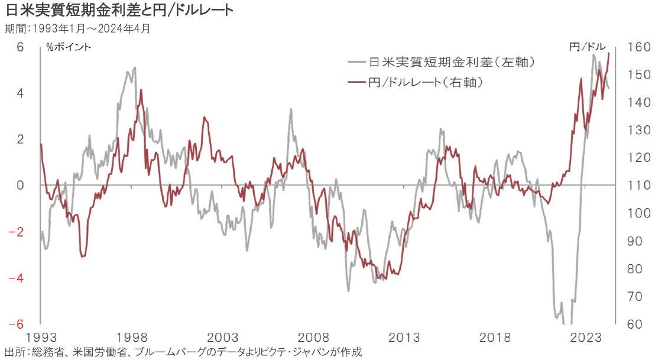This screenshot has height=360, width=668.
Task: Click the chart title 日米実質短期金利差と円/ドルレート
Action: (x=118, y=10)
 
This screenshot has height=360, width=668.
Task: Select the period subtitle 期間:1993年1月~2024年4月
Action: (x=77, y=27)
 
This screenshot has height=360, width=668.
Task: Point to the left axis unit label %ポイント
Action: (x=69, y=47)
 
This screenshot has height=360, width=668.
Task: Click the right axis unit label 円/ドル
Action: (x=587, y=47)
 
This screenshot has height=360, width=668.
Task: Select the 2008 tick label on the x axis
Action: (x=313, y=338)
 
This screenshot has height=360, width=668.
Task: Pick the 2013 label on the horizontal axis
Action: (x=404, y=338)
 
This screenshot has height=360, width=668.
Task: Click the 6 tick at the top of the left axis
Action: (x=20, y=47)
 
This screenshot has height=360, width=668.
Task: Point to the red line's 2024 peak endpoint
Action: (x=609, y=53)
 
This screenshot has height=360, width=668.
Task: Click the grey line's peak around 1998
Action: (x=135, y=67)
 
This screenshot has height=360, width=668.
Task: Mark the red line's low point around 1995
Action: (x=82, y=257)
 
